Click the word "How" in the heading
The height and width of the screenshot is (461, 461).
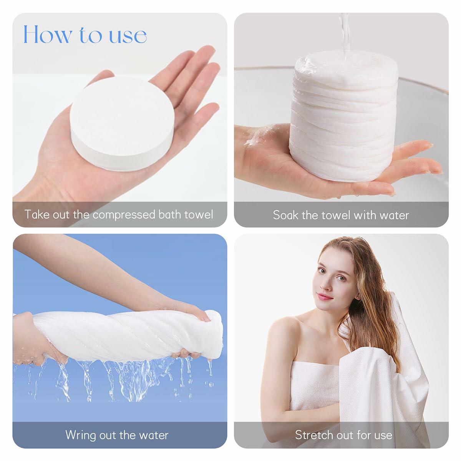47,35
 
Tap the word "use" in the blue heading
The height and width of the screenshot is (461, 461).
128,36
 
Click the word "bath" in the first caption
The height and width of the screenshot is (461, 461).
170,214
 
